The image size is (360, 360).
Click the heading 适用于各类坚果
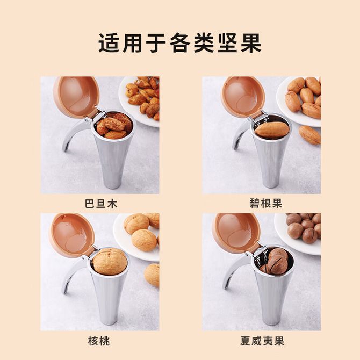pyautogui.click(x=180, y=43)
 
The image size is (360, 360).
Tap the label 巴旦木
pyautogui.click(x=101, y=204)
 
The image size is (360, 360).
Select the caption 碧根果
pyautogui.click(x=265, y=203)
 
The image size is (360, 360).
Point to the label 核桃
pyautogui.click(x=99, y=341)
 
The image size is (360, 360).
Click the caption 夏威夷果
pyautogui.click(x=262, y=341)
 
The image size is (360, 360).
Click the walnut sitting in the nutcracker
pyautogui.click(x=110, y=262)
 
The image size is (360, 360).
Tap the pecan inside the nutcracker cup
pyautogui.click(x=271, y=130)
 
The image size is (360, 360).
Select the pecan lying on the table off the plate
pyautogui.click(x=309, y=135)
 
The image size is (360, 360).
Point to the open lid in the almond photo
pyautogui.click(x=76, y=97)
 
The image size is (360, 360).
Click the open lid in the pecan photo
pyautogui.click(x=243, y=97)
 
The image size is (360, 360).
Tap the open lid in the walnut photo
pyautogui.click(x=72, y=234)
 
